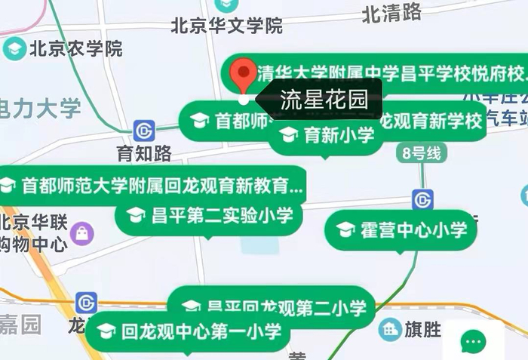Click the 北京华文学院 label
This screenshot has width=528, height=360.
click(226, 27)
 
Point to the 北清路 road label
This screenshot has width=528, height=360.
click(391, 12)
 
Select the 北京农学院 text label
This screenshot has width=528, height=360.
click(75, 50)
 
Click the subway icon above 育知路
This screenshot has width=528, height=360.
click(144, 129)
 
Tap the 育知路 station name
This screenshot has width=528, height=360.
click(144, 155)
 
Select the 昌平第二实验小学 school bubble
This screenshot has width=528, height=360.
click(210, 217)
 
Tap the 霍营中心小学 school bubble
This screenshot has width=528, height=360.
click(402, 230)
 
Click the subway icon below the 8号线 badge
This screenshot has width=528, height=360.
click(423, 200)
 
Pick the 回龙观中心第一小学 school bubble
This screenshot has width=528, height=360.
click(189, 331)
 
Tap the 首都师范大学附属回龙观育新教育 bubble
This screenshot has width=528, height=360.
click(151, 185)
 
